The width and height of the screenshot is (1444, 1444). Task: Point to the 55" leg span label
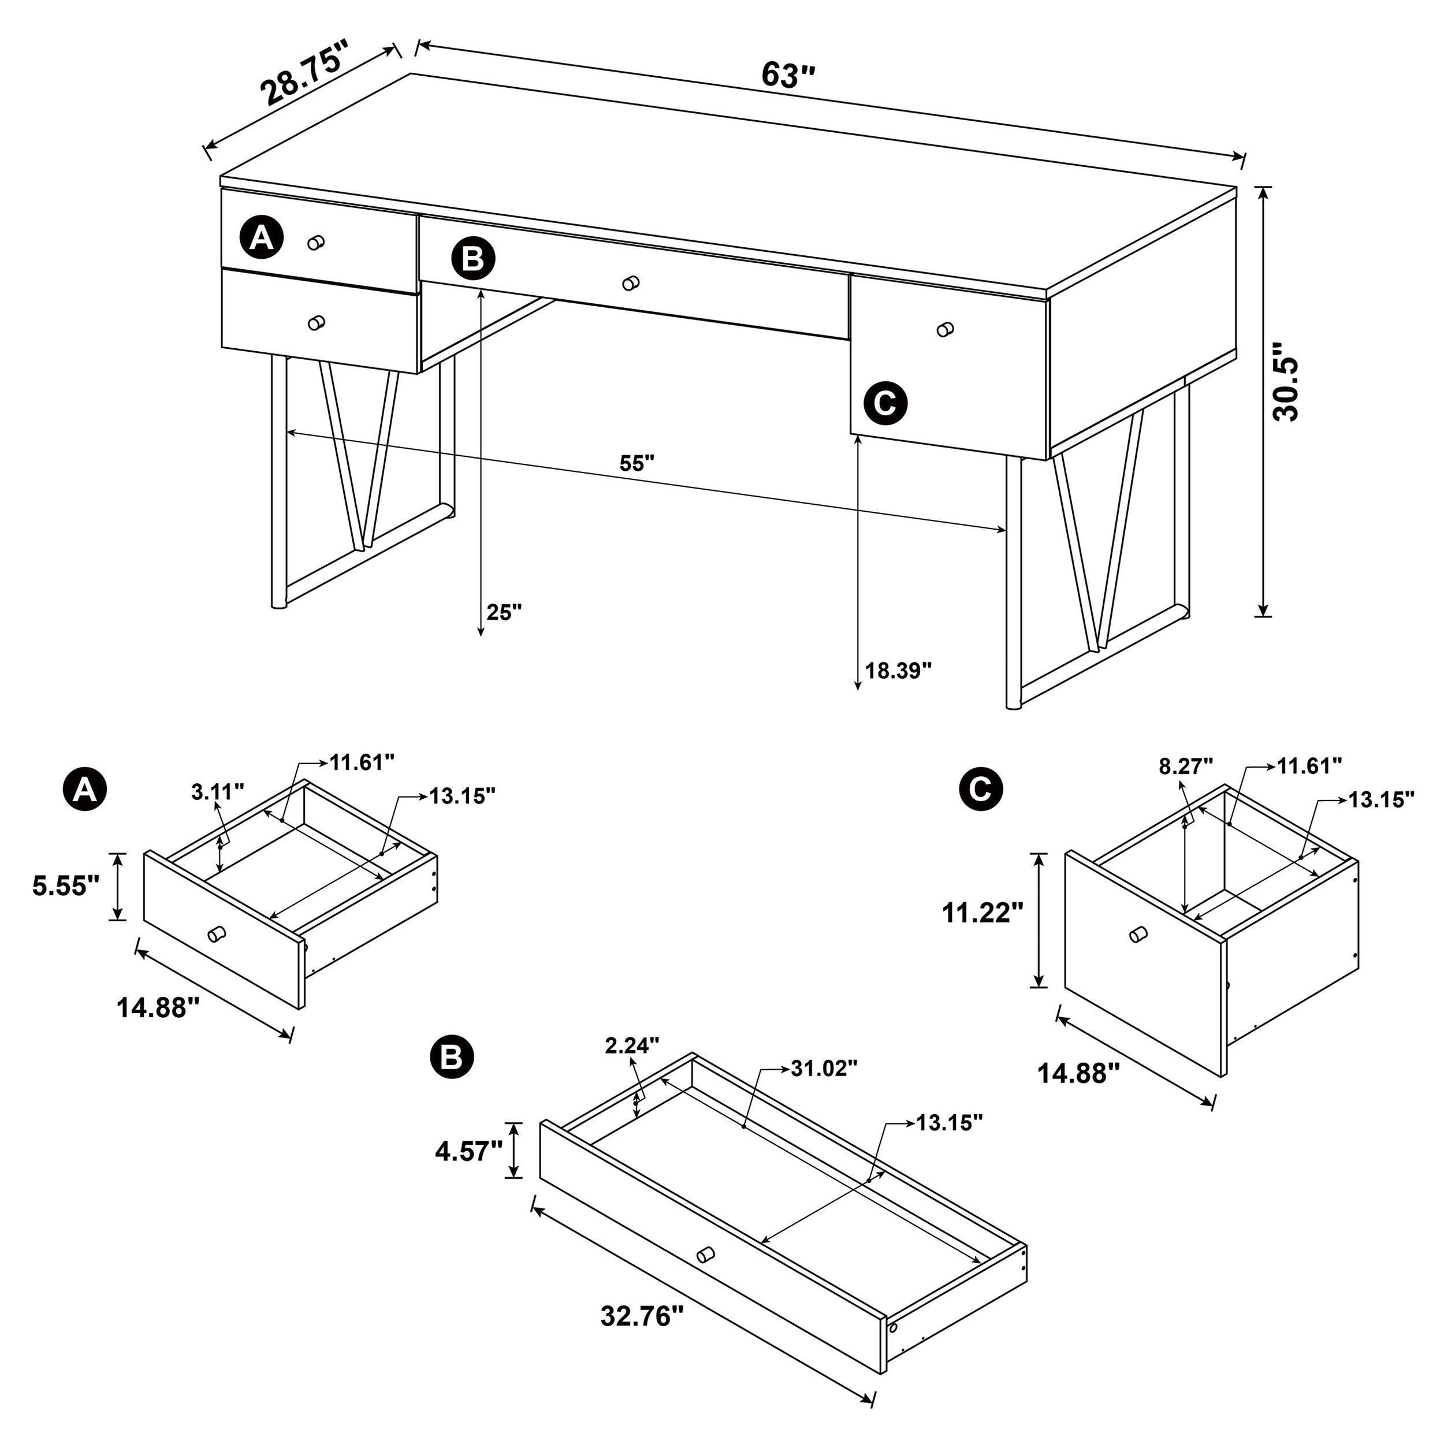[x=637, y=463]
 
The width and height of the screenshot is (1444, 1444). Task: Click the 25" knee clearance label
[x=504, y=612]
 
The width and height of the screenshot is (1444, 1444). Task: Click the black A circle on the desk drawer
[x=261, y=239]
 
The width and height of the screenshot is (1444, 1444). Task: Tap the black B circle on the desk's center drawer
[x=473, y=259]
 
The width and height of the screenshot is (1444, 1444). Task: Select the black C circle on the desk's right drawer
[x=885, y=404]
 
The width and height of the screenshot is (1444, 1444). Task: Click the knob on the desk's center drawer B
[x=631, y=283]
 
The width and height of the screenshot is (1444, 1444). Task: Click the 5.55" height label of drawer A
[x=66, y=887]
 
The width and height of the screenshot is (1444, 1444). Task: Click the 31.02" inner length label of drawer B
[x=824, y=1069]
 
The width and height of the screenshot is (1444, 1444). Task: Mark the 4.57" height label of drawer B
[x=468, y=1151]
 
